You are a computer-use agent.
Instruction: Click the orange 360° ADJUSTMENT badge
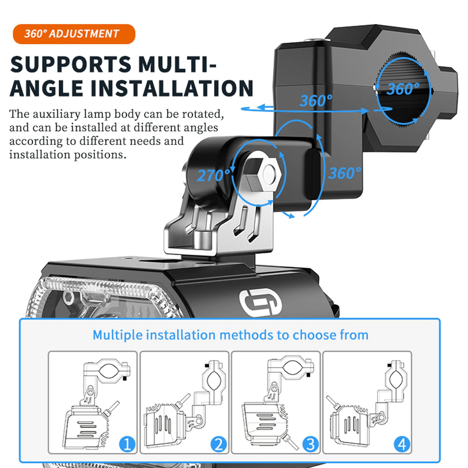(74, 34)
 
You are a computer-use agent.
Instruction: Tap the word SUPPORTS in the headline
(71, 64)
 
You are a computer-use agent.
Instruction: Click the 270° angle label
(213, 175)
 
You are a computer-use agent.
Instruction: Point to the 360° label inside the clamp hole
(403, 89)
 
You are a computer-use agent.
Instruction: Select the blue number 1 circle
(128, 444)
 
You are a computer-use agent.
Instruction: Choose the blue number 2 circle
(219, 444)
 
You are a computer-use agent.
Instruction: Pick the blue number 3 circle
(310, 444)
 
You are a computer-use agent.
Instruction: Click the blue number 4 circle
(402, 444)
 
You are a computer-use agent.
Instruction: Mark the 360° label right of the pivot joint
(345, 173)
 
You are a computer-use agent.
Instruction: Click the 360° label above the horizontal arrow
(316, 101)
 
